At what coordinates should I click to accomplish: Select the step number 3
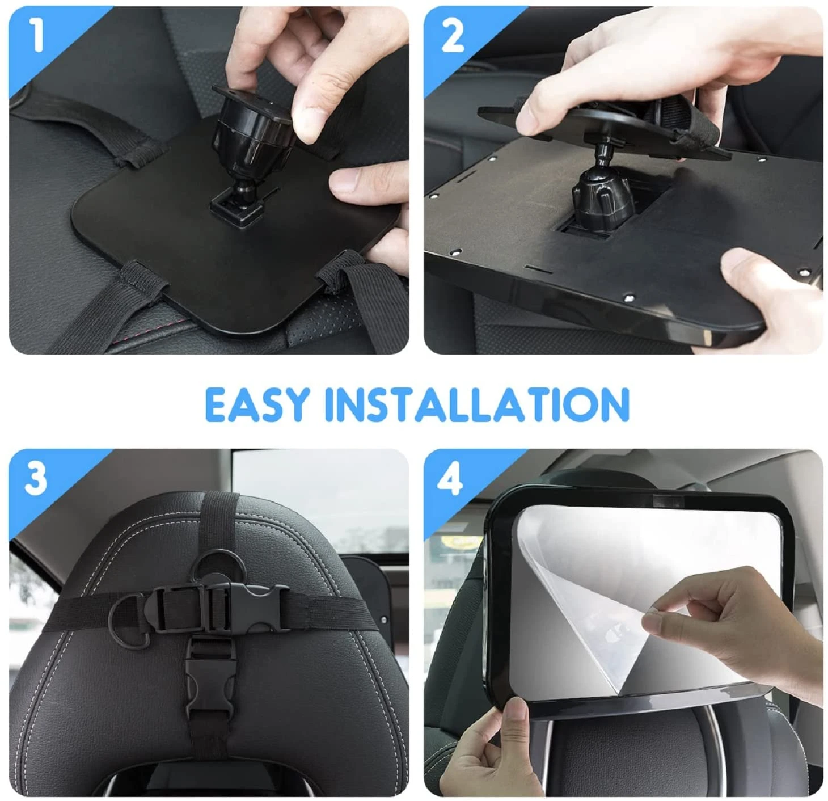tap(36, 478)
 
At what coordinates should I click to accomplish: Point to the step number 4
tap(451, 479)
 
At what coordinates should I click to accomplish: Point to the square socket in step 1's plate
tap(236, 206)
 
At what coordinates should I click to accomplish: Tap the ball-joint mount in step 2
tap(601, 189)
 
